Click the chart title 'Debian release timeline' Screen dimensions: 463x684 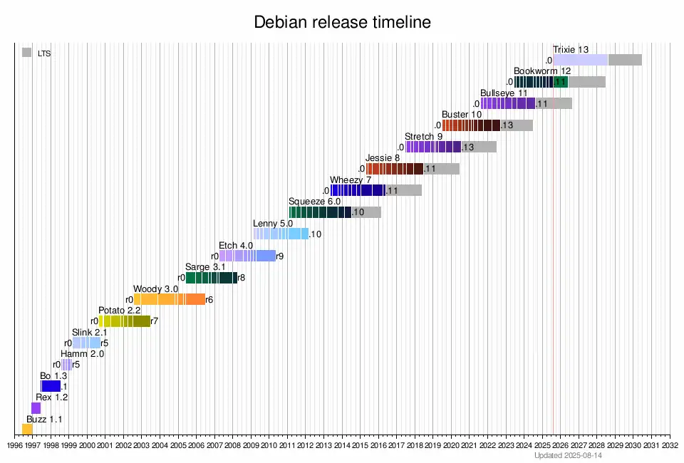(342, 22)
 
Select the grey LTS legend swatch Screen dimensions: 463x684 (26, 53)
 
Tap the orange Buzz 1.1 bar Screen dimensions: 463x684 (27, 429)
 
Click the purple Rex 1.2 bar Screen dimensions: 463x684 (36, 407)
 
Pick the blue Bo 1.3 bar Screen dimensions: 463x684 (51, 386)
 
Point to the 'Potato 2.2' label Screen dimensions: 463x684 (119, 311)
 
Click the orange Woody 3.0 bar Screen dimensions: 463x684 (169, 299)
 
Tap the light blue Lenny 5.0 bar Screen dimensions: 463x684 (281, 234)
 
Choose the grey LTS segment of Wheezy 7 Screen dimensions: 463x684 (403, 190)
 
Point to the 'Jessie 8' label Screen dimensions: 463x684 (383, 158)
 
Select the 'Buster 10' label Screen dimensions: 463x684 (462, 115)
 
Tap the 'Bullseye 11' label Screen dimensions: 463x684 (504, 93)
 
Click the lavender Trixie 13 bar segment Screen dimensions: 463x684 (580, 60)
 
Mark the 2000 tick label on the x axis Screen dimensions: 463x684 (87, 446)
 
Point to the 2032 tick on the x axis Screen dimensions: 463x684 (670, 446)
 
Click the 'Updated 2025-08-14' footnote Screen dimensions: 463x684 (569, 455)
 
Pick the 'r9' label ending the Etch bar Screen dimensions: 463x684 (280, 256)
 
